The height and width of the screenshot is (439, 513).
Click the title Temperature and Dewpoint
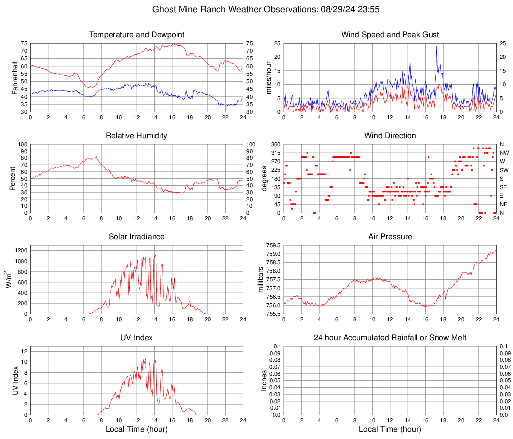136,35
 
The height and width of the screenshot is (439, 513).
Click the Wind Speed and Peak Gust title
390,35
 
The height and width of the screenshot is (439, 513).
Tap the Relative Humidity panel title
136,136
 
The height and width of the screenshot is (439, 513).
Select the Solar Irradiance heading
136,237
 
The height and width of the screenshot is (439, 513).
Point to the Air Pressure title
390,237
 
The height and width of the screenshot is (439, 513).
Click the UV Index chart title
136,338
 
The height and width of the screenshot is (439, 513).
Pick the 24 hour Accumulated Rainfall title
390,338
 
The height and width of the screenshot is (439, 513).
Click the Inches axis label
265,380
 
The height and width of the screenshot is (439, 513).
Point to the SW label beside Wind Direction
504,170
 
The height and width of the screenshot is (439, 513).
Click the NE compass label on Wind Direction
504,204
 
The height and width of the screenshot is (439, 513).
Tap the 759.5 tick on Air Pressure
273,246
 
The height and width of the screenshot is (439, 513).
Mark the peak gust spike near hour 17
436,47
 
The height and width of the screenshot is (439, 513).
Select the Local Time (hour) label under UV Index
136,429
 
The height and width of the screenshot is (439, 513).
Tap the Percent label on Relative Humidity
12,178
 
